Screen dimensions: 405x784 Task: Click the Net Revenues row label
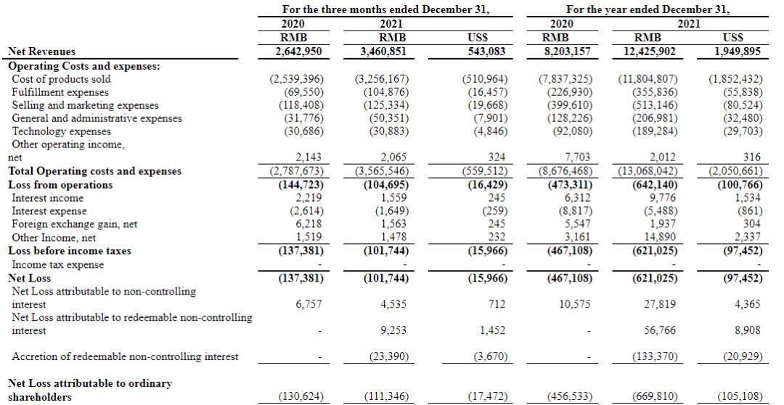point(41,52)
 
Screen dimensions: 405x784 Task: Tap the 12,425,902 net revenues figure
point(649,52)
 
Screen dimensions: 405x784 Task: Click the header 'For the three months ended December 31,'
point(385,9)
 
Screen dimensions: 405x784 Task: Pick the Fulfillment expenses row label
point(60,92)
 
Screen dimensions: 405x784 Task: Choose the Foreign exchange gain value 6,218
point(307,224)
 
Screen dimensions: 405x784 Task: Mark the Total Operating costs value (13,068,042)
point(649,171)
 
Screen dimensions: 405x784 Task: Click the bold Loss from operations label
point(60,185)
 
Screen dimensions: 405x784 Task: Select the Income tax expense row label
point(57,264)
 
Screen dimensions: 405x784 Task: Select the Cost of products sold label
point(62,79)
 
